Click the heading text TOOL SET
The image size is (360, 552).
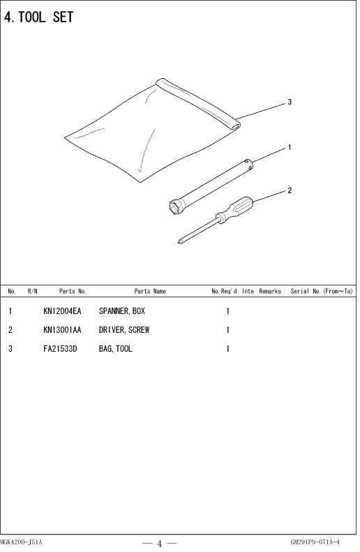pyautogui.click(x=46, y=17)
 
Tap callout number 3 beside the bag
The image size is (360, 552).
pyautogui.click(x=290, y=102)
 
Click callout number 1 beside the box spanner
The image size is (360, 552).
pyautogui.click(x=290, y=147)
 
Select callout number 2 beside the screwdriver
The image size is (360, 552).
pyautogui.click(x=290, y=191)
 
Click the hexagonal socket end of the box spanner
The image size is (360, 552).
pyautogui.click(x=177, y=206)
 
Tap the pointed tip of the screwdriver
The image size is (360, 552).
pyautogui.click(x=179, y=242)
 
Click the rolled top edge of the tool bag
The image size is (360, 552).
pyautogui.click(x=197, y=103)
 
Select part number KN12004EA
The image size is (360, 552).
pyautogui.click(x=62, y=311)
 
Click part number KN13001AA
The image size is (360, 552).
pyautogui.click(x=62, y=330)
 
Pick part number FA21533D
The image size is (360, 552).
pyautogui.click(x=60, y=349)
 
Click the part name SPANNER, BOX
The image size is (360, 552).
pyautogui.click(x=122, y=311)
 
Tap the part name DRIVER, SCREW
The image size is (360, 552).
pyautogui.click(x=124, y=330)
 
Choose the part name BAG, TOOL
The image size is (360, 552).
pyautogui.click(x=115, y=349)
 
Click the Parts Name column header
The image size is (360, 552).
pyautogui.click(x=150, y=291)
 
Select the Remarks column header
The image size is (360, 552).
pyautogui.click(x=270, y=291)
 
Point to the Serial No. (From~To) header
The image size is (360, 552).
pyautogui.click(x=322, y=291)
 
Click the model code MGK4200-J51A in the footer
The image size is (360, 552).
pyautogui.click(x=21, y=542)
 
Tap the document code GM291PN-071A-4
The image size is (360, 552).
pyautogui.click(x=315, y=542)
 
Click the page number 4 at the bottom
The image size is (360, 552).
pyautogui.click(x=159, y=544)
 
